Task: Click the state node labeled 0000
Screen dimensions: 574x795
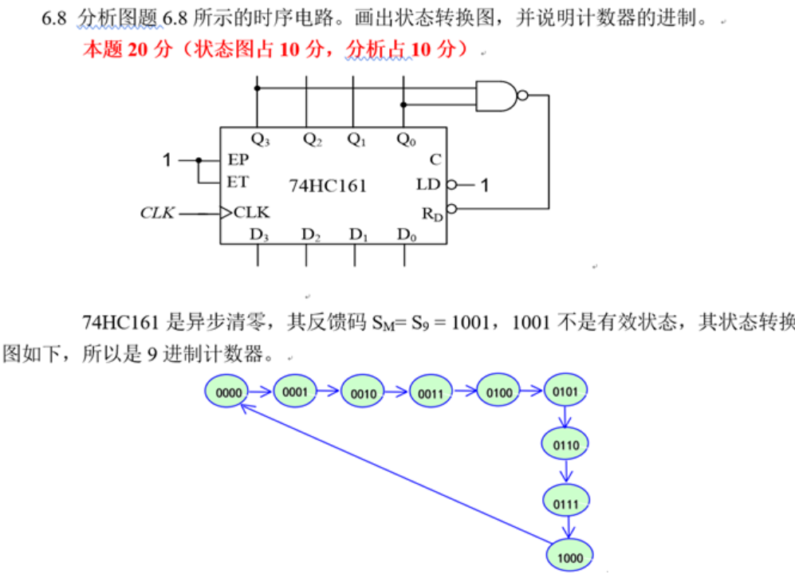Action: point(228,391)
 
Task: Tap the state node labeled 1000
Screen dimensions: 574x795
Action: point(569,557)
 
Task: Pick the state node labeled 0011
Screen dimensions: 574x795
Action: point(431,392)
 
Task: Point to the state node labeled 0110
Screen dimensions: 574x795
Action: point(566,444)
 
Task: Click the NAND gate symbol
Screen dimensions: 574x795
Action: point(498,96)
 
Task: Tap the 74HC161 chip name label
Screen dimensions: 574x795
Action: point(328,186)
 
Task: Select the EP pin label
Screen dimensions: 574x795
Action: point(238,159)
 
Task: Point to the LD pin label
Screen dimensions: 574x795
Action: point(428,185)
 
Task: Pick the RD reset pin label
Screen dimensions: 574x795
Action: point(431,213)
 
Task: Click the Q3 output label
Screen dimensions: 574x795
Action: point(260,140)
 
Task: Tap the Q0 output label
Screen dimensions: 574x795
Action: point(406,140)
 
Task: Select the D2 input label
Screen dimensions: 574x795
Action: point(312,235)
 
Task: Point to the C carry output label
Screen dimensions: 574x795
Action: point(435,159)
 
